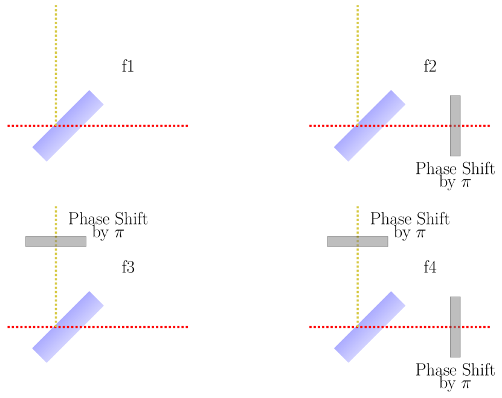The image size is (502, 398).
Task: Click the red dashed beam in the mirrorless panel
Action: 139,126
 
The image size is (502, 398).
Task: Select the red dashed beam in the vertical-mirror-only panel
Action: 423,126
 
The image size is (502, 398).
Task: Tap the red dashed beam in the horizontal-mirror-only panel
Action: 139,327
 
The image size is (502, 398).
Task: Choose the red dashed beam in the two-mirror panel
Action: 423,327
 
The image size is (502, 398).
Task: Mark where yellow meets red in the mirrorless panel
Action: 56,126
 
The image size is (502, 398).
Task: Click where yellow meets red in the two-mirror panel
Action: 358,327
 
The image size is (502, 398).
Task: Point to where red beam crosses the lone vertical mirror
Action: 455,126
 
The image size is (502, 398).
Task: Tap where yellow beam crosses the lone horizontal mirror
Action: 56,242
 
